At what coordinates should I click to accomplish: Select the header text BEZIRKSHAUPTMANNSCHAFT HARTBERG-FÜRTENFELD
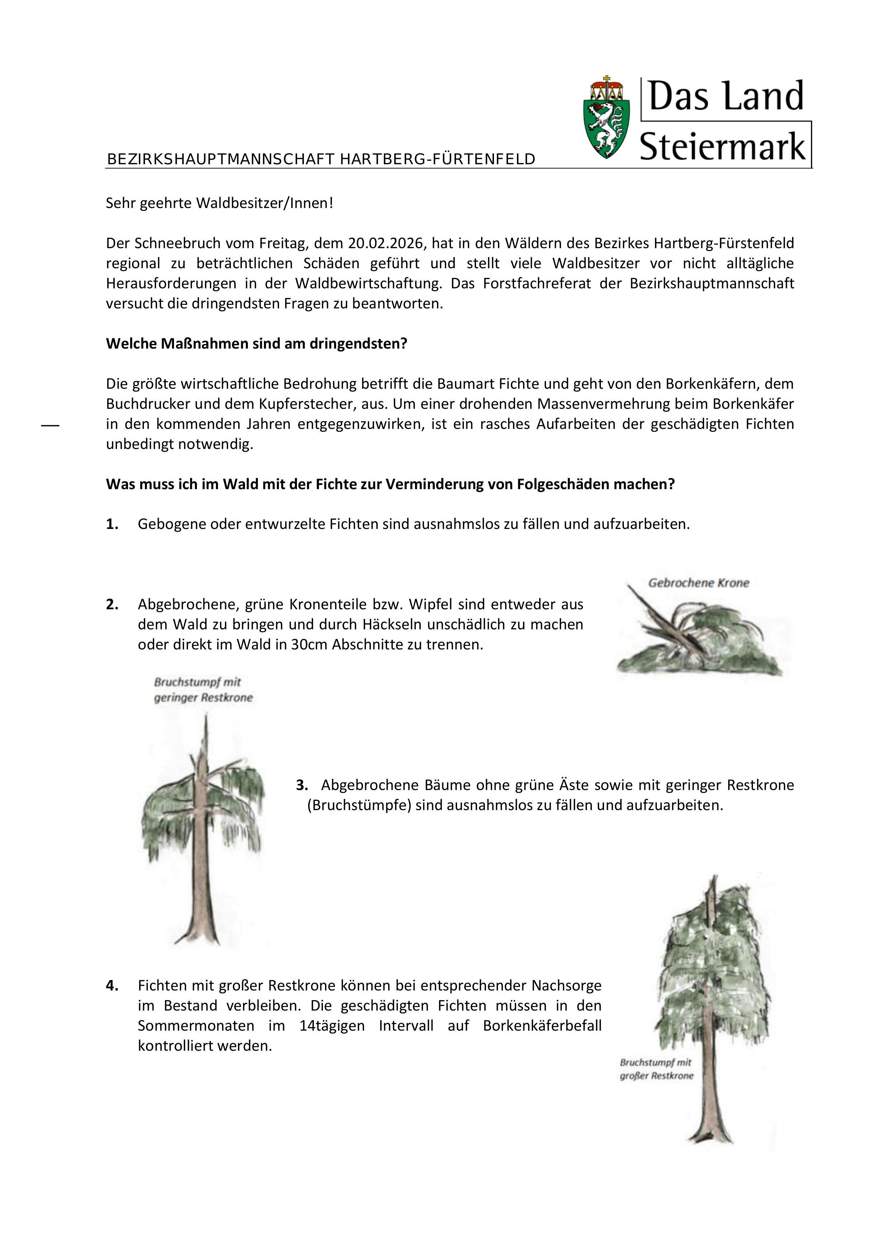(321, 160)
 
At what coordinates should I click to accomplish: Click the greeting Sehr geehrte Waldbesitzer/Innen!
(219, 203)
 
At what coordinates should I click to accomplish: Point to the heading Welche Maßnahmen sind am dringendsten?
(256, 344)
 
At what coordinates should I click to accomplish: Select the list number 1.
(112, 524)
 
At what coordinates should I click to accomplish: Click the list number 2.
(112, 604)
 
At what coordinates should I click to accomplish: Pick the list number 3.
(302, 785)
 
